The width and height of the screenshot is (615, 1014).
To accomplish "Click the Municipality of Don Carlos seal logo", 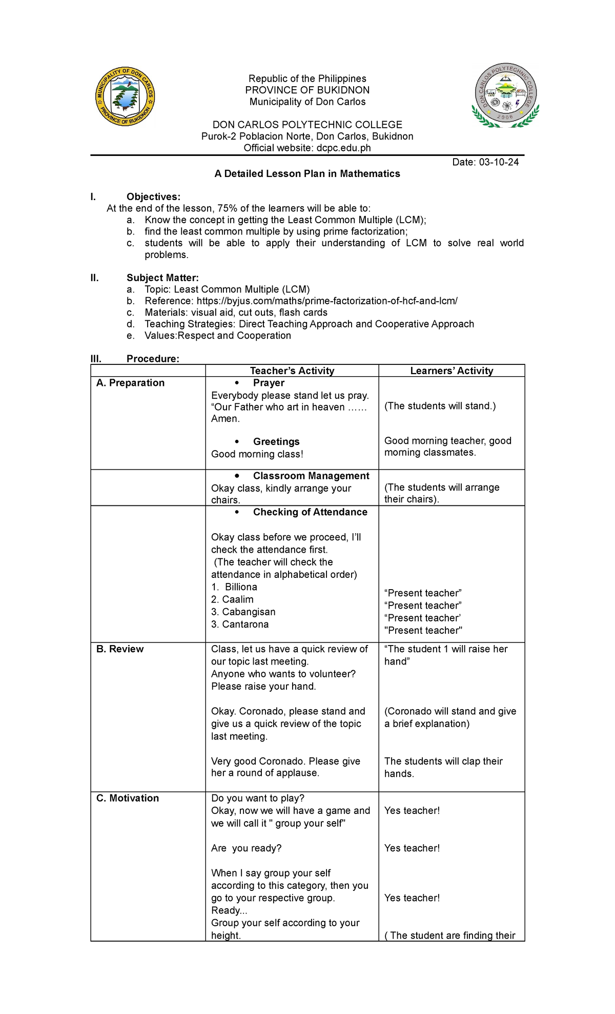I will [x=125, y=97].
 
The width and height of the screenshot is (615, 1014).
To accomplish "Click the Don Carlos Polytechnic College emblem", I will [x=505, y=96].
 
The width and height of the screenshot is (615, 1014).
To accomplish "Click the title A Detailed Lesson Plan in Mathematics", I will [x=307, y=173].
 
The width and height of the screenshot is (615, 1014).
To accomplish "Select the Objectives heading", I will [x=153, y=197].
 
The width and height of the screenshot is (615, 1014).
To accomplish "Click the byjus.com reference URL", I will [x=326, y=301].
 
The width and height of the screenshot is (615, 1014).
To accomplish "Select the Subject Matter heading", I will [x=162, y=278].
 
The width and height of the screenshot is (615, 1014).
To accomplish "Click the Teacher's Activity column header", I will [x=292, y=371].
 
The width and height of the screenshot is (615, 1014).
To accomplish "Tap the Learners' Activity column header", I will [x=452, y=371].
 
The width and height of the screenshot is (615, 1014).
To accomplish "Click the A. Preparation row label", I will [x=130, y=383].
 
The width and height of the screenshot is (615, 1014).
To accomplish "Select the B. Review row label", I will [x=120, y=649].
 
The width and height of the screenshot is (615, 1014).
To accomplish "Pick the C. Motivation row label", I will [x=128, y=798].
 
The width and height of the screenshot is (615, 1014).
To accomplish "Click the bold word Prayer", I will [x=269, y=383].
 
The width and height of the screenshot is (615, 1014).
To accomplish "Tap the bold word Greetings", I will [x=276, y=441].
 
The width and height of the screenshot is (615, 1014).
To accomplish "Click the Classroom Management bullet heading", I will [x=311, y=476].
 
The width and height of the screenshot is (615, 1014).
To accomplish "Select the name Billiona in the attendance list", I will [x=241, y=587].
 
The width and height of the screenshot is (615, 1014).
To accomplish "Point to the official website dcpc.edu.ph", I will [x=343, y=148].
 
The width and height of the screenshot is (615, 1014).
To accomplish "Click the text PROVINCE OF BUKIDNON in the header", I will [x=307, y=90].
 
